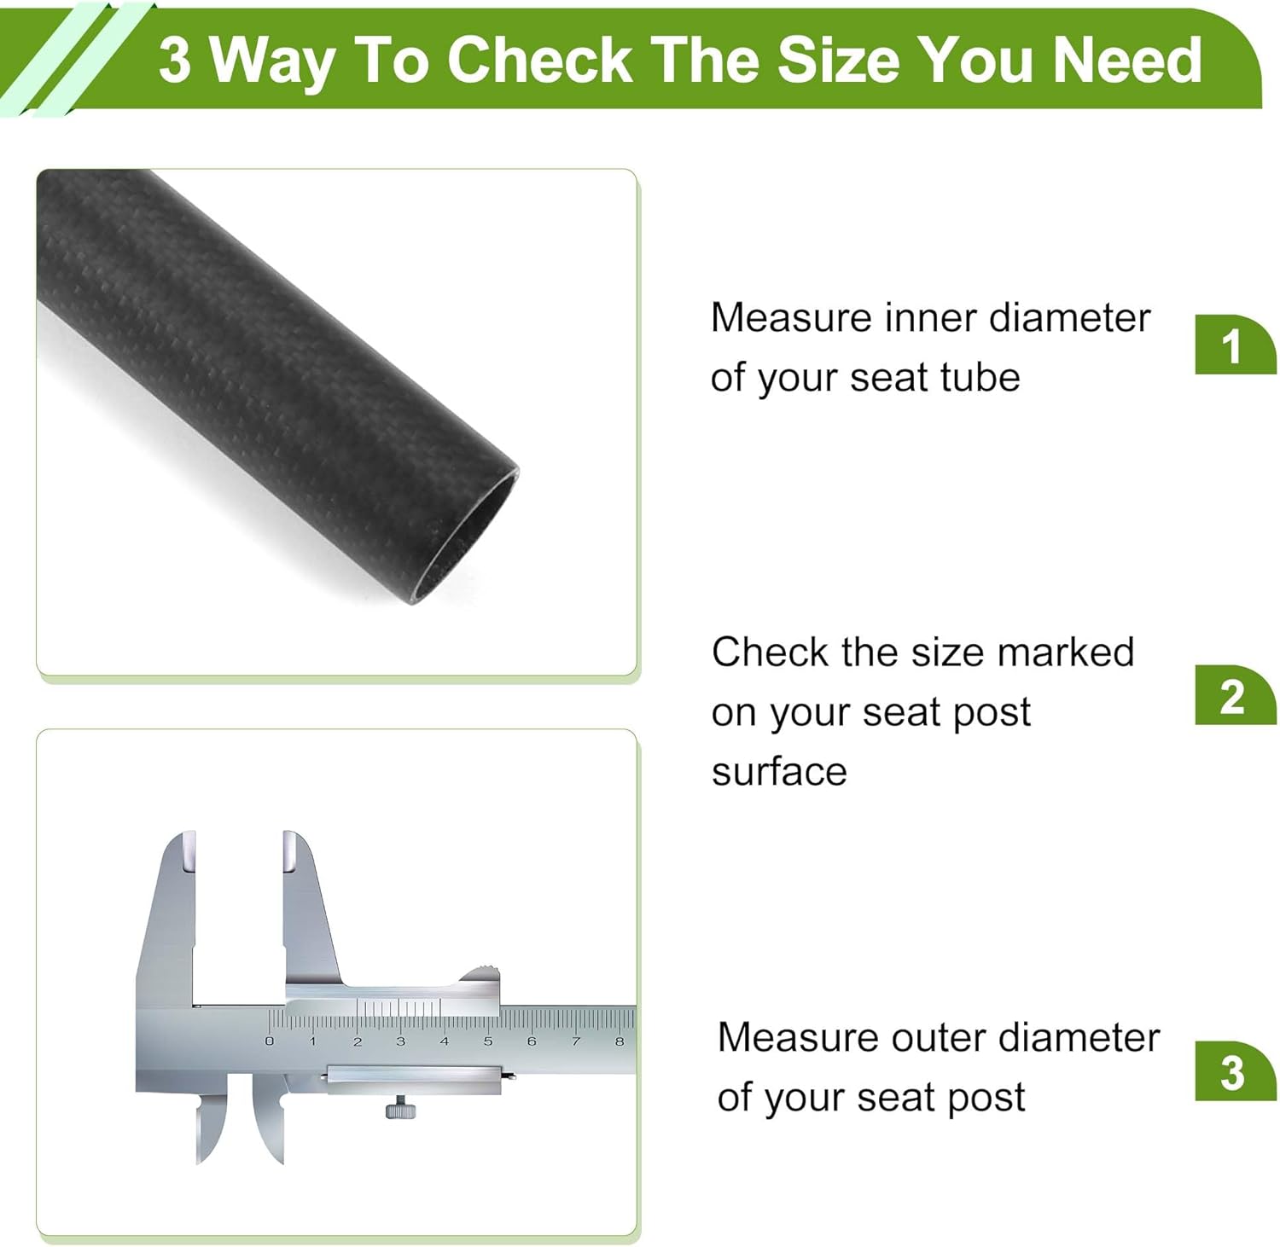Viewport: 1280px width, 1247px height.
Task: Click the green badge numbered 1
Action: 1232,345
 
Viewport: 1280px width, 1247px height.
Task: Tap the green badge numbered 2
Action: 1232,696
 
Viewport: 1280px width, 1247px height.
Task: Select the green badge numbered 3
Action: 1232,1071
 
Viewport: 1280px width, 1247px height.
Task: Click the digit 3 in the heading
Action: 174,61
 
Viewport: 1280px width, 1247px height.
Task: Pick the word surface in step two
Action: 779,772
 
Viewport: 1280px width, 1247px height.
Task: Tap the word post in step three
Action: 990,1098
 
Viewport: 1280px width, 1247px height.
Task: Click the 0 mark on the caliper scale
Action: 270,1041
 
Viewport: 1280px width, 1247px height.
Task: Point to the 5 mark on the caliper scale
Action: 488,1041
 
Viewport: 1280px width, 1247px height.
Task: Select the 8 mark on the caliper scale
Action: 620,1041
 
